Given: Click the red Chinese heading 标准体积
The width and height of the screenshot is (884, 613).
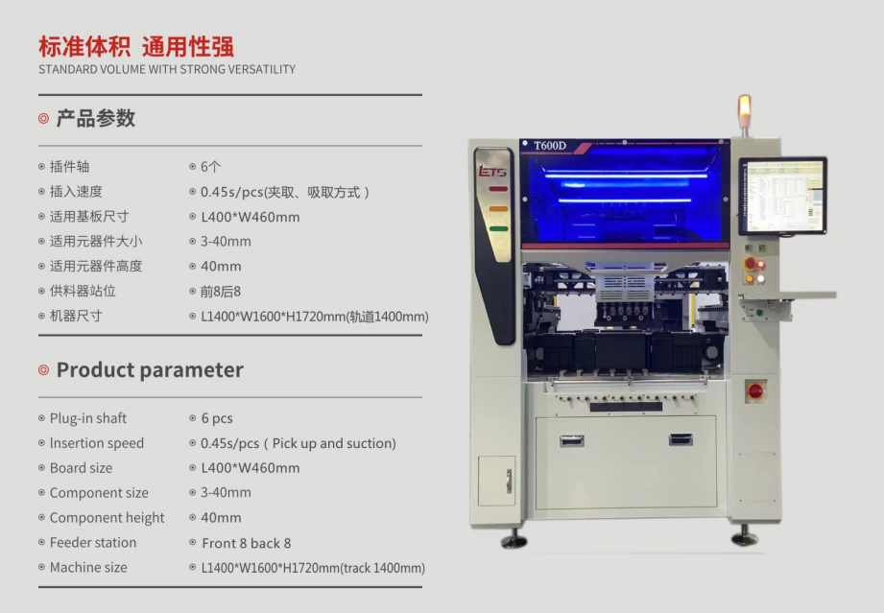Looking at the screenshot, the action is tap(84, 46).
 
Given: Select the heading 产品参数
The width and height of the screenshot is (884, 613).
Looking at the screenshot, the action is tap(96, 118).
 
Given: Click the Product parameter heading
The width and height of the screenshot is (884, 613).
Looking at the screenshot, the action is tap(150, 369).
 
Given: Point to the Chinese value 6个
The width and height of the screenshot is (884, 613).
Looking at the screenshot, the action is tap(211, 167).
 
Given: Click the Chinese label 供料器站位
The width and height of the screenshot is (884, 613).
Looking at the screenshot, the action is tap(83, 292).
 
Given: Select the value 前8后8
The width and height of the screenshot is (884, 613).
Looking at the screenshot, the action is tap(221, 292).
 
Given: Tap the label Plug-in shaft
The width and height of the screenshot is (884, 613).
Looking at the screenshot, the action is tap(88, 418).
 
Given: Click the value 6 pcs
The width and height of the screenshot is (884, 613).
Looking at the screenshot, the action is tap(217, 418).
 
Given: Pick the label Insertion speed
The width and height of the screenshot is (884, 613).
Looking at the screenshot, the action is tap(97, 443).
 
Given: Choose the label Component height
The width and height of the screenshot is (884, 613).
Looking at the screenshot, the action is tap(108, 518).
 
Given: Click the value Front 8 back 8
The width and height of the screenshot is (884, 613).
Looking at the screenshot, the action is tap(247, 543).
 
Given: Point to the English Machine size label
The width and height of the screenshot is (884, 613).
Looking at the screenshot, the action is tap(88, 567).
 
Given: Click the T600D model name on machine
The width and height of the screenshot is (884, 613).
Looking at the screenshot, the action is tap(550, 146).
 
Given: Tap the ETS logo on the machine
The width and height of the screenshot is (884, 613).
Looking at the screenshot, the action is tap(492, 171).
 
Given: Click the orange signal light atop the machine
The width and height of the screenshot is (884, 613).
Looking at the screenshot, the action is tap(745, 106).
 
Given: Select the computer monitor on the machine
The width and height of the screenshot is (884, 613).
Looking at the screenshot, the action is tap(782, 196).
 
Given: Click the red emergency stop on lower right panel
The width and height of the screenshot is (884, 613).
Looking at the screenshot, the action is tap(754, 390).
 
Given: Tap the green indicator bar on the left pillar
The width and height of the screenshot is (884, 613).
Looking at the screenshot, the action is tap(498, 228).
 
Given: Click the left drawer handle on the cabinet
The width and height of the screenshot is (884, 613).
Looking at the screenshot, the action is tap(572, 440).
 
